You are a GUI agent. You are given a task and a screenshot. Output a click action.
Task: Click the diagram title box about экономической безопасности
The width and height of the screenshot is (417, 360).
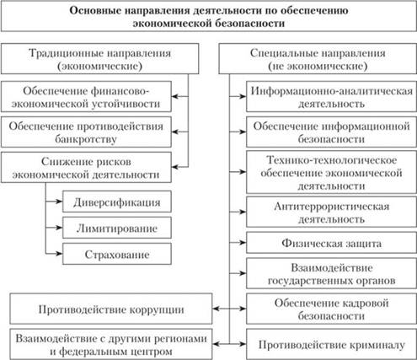[209, 16]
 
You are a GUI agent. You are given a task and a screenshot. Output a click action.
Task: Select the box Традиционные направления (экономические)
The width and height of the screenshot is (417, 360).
[99, 59]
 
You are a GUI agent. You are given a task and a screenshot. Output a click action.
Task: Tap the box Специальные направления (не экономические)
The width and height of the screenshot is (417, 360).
[318, 59]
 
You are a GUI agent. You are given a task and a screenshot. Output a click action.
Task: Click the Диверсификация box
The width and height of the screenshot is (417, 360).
[117, 201]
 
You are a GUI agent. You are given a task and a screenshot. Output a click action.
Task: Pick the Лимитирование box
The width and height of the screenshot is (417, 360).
[117, 228]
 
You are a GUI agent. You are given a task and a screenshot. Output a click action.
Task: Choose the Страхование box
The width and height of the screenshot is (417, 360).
[117, 254]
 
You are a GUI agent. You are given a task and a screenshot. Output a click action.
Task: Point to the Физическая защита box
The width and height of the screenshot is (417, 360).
[331, 243]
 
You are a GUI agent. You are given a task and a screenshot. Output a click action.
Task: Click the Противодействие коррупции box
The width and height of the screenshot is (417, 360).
[111, 309]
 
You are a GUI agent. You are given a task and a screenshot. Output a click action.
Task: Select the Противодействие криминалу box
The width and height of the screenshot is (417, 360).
[331, 344]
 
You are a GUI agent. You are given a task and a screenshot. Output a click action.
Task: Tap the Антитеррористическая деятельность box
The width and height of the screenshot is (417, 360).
[331, 212]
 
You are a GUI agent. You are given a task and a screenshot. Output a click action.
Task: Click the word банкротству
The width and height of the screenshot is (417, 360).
[86, 139]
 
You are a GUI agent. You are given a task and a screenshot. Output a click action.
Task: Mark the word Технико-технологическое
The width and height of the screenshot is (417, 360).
[331, 160]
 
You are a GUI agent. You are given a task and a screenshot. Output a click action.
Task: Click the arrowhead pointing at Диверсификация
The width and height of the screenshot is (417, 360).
[59, 201]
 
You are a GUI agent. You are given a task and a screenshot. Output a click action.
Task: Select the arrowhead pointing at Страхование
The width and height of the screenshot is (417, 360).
[59, 254]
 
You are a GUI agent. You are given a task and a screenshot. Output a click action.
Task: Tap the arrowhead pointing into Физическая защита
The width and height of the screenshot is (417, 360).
[243, 242]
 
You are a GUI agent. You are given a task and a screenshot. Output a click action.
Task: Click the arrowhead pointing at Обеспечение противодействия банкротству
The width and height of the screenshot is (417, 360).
[175, 132]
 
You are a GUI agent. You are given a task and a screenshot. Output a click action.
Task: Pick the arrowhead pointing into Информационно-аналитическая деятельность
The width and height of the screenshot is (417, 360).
[243, 96]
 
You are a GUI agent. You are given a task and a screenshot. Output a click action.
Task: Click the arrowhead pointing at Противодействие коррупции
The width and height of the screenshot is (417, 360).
[216, 309]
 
